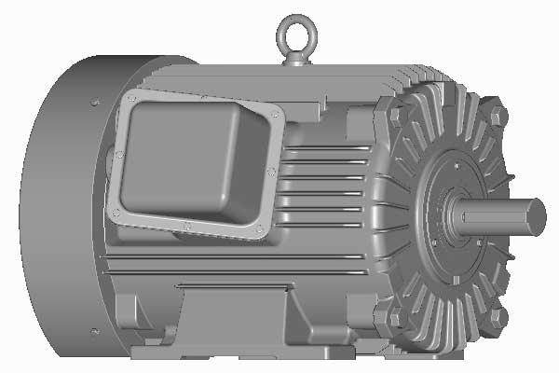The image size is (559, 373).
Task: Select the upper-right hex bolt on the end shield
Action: pos(498,116)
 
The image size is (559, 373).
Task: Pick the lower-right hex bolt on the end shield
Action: pos(498,317)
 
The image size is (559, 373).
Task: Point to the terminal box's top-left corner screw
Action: pos(130,99)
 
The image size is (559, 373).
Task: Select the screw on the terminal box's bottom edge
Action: pos(187,225)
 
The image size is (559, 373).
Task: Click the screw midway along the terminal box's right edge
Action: pos(271,171)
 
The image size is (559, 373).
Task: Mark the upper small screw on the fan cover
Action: pos(95,99)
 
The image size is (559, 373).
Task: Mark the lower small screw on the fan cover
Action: pos(93,330)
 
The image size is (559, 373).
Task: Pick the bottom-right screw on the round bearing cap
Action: pos(481,245)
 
